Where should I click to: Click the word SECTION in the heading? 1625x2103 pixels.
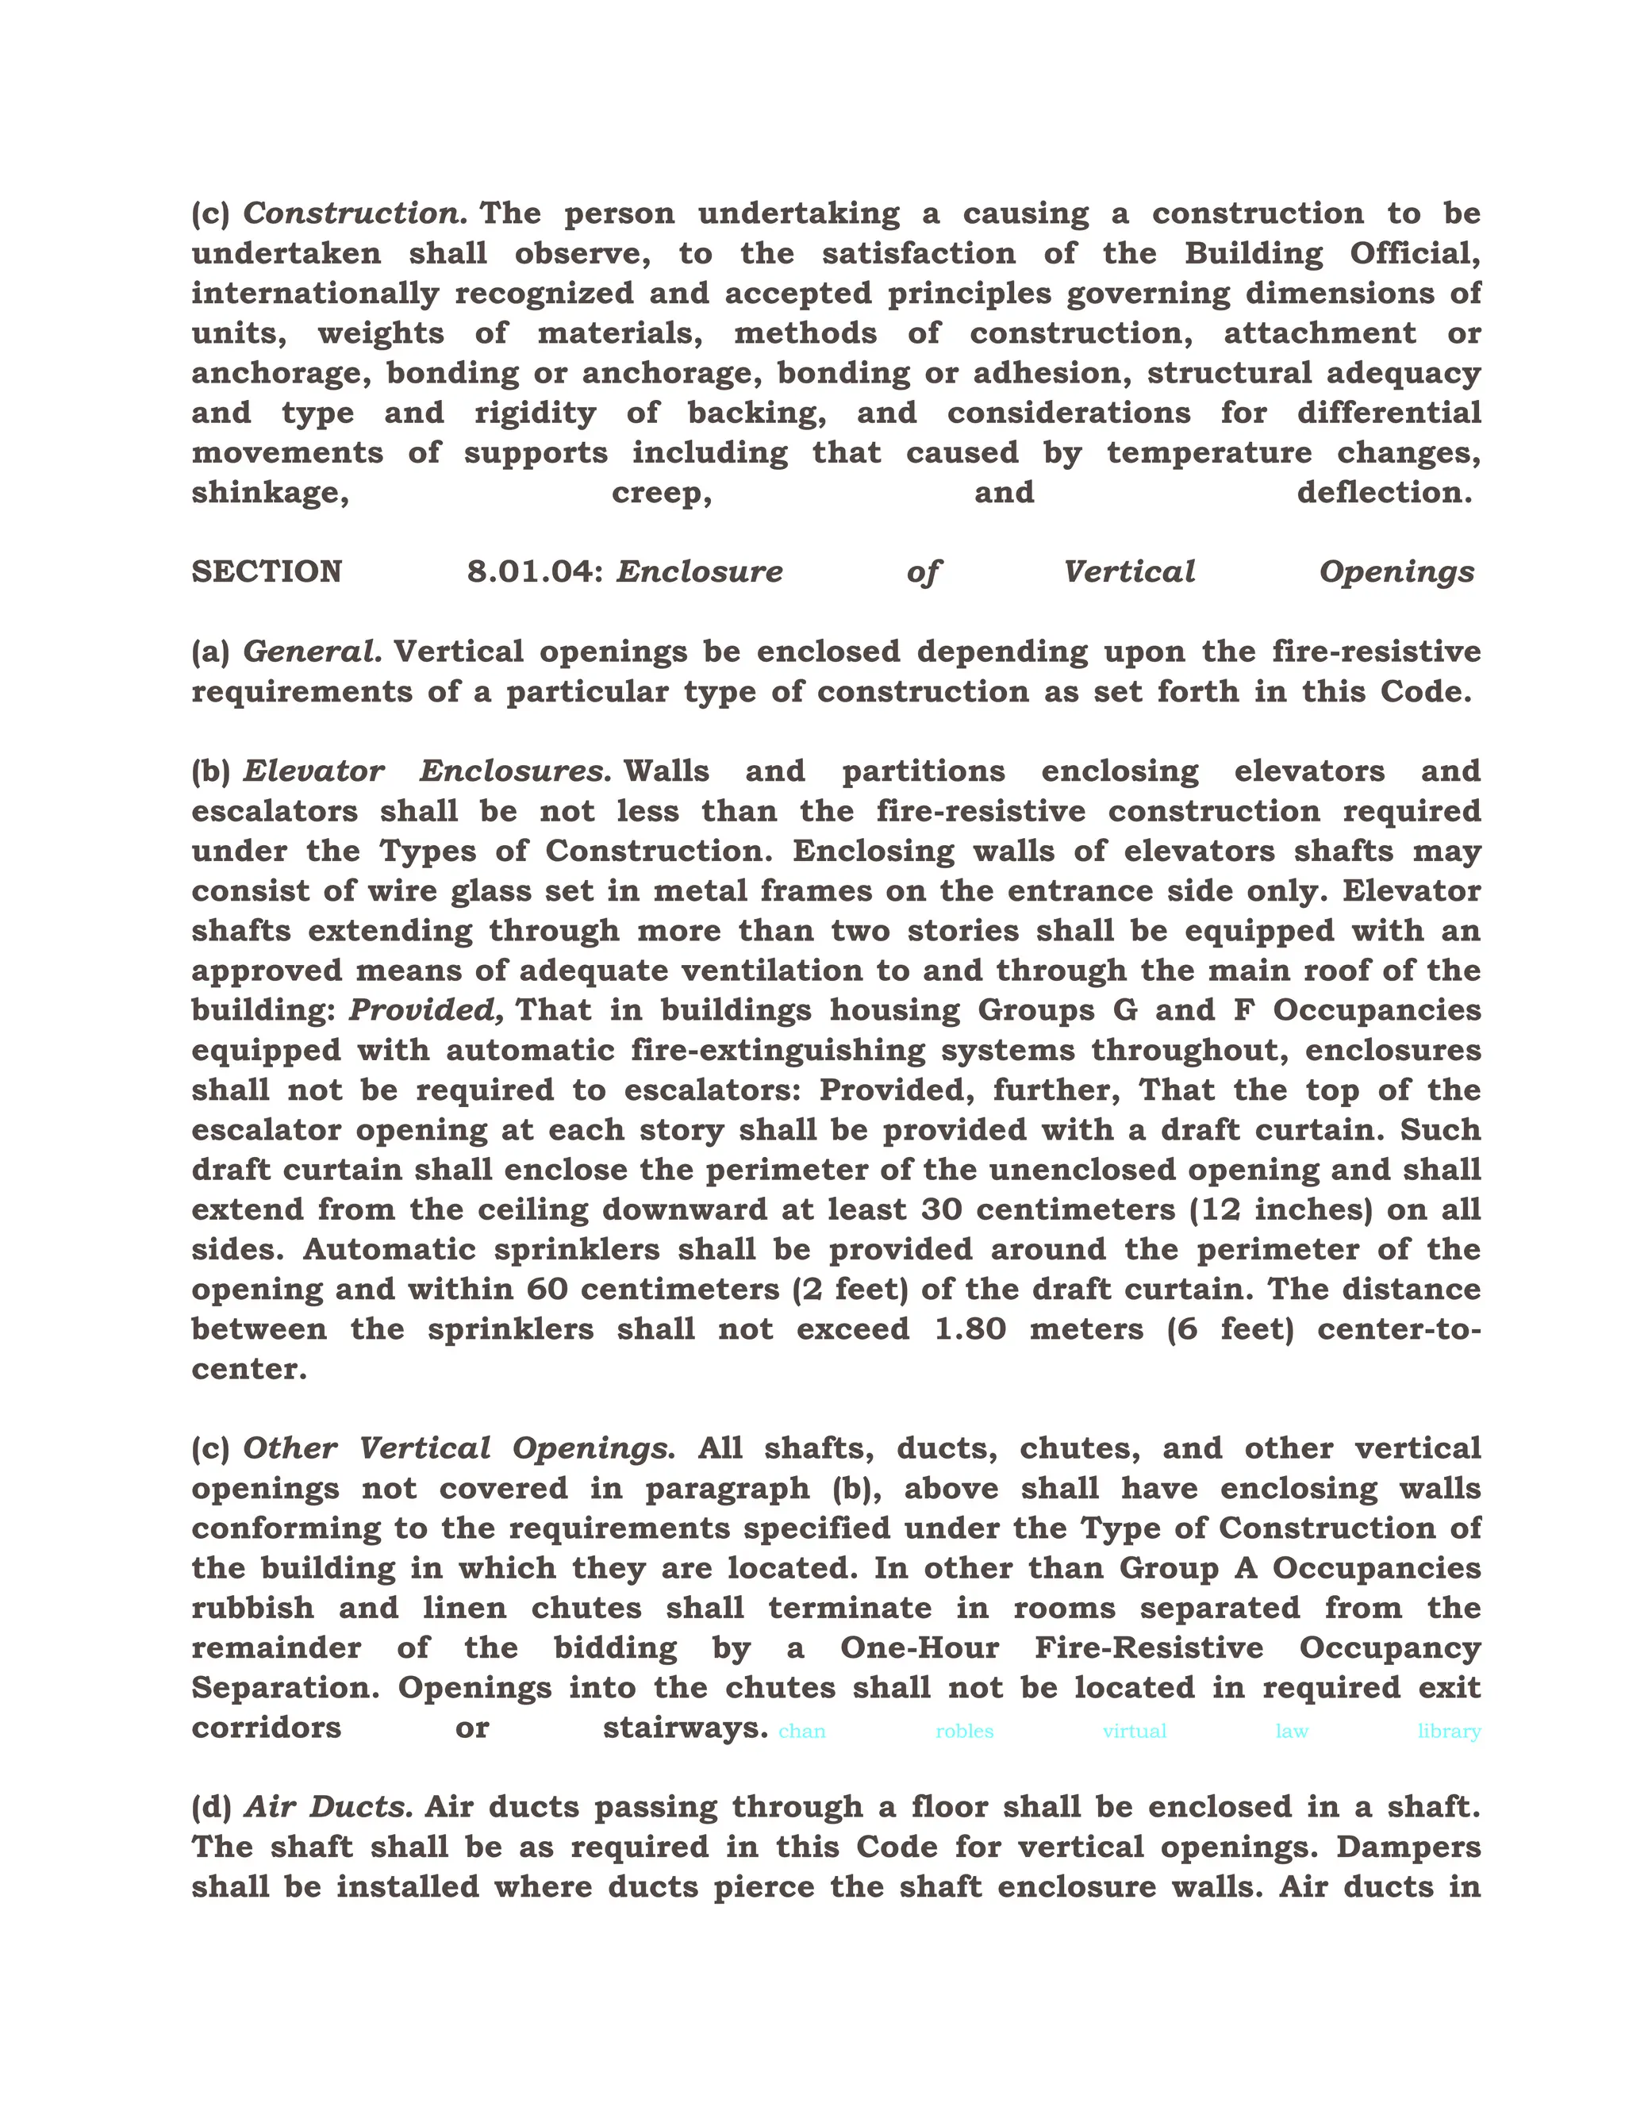[267, 572]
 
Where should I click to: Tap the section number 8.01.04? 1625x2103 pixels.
[536, 572]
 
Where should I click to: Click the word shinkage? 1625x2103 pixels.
[270, 493]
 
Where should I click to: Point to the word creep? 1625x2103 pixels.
[662, 493]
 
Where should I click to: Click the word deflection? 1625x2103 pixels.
[1383, 493]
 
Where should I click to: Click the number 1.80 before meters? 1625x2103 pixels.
[970, 1330]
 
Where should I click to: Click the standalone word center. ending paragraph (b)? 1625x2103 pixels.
[249, 1369]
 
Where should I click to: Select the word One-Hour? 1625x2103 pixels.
[920, 1647]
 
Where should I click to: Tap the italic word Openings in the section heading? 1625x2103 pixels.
[1396, 572]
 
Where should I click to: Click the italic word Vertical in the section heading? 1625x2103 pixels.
[1128, 572]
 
